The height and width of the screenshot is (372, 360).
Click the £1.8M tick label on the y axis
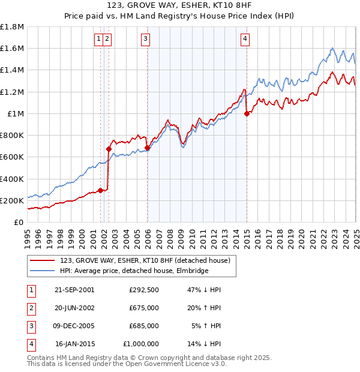click(12, 27)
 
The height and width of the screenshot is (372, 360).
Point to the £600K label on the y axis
click(12, 157)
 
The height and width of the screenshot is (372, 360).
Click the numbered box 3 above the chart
click(146, 39)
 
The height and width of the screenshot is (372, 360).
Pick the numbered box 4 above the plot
click(245, 39)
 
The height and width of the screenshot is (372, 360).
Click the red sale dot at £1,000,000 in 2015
click(247, 114)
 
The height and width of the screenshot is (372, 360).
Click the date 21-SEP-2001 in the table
click(74, 290)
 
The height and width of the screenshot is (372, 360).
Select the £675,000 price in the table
click(144, 308)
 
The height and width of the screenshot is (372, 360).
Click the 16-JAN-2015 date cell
click(74, 344)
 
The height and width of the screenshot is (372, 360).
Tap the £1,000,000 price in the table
click(141, 344)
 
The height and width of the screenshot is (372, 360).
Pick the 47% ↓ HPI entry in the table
click(205, 290)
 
